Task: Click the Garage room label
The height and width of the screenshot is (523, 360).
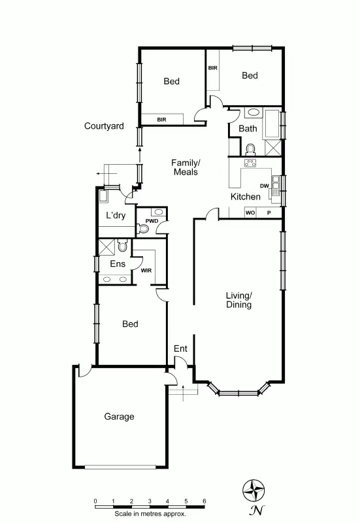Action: tap(119, 416)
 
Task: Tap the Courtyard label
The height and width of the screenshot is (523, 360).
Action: tap(104, 126)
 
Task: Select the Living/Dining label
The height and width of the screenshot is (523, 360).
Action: tap(238, 300)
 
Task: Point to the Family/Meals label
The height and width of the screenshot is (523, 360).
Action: tap(186, 167)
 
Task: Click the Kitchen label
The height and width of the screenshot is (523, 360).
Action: tap(246, 197)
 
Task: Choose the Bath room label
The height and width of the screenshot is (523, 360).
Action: tap(248, 129)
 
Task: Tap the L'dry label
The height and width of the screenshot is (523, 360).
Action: tap(116, 216)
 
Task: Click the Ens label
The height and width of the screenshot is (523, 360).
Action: tap(118, 263)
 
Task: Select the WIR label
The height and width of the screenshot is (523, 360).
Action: tap(146, 269)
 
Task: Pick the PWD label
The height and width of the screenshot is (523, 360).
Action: tap(152, 221)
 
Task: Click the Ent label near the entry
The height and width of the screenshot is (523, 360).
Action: tap(180, 349)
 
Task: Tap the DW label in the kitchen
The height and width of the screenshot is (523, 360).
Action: tap(265, 186)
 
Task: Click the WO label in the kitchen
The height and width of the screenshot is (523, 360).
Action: tap(250, 213)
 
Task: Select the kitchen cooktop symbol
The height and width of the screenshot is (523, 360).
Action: tap(249, 163)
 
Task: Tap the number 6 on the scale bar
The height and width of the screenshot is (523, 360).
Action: tap(205, 501)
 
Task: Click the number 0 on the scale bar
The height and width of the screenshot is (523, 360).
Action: tap(95, 501)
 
